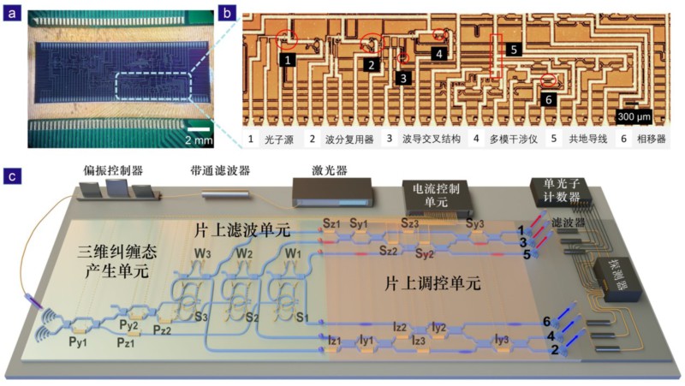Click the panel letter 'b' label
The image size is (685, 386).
(x=224, y=14)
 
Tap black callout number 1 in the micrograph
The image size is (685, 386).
(x=289, y=60)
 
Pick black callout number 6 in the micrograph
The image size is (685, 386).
(x=549, y=98)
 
